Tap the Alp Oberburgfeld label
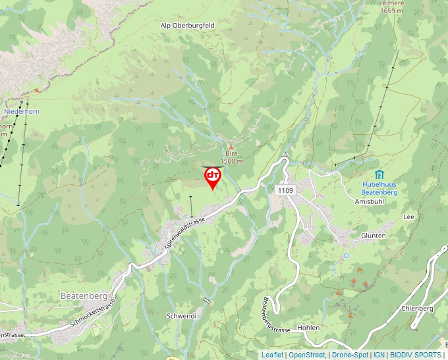(188, 26)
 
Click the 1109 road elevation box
(285, 190)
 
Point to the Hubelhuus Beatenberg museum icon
(379, 174)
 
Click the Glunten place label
(373, 235)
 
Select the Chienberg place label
(416, 308)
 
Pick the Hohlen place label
(308, 327)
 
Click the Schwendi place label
(182, 316)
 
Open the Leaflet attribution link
(272, 355)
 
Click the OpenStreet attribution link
(307, 355)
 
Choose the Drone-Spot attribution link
(350, 355)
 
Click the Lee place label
(408, 216)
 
